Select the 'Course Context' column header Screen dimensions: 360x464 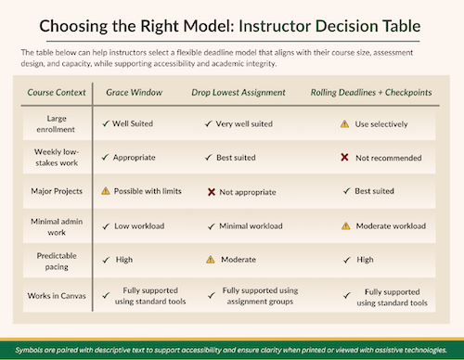coord(58,92)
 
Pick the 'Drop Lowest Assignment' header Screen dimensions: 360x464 coord(239,92)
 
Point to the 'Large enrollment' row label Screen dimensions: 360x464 coord(58,122)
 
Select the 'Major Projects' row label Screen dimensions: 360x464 coord(58,191)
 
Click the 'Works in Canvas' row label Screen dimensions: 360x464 coord(58,295)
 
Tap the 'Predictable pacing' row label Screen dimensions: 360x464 coord(58,260)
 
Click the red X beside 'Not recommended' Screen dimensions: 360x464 coord(344,157)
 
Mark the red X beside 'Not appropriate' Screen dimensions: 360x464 coord(212,191)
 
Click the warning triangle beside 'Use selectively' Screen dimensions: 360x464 coord(344,122)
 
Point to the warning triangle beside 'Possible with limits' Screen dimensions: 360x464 coord(106,191)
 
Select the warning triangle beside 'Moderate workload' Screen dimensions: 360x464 coord(344,225)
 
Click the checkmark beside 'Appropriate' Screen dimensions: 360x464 coord(106,157)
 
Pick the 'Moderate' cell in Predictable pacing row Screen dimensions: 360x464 coord(238,260)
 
